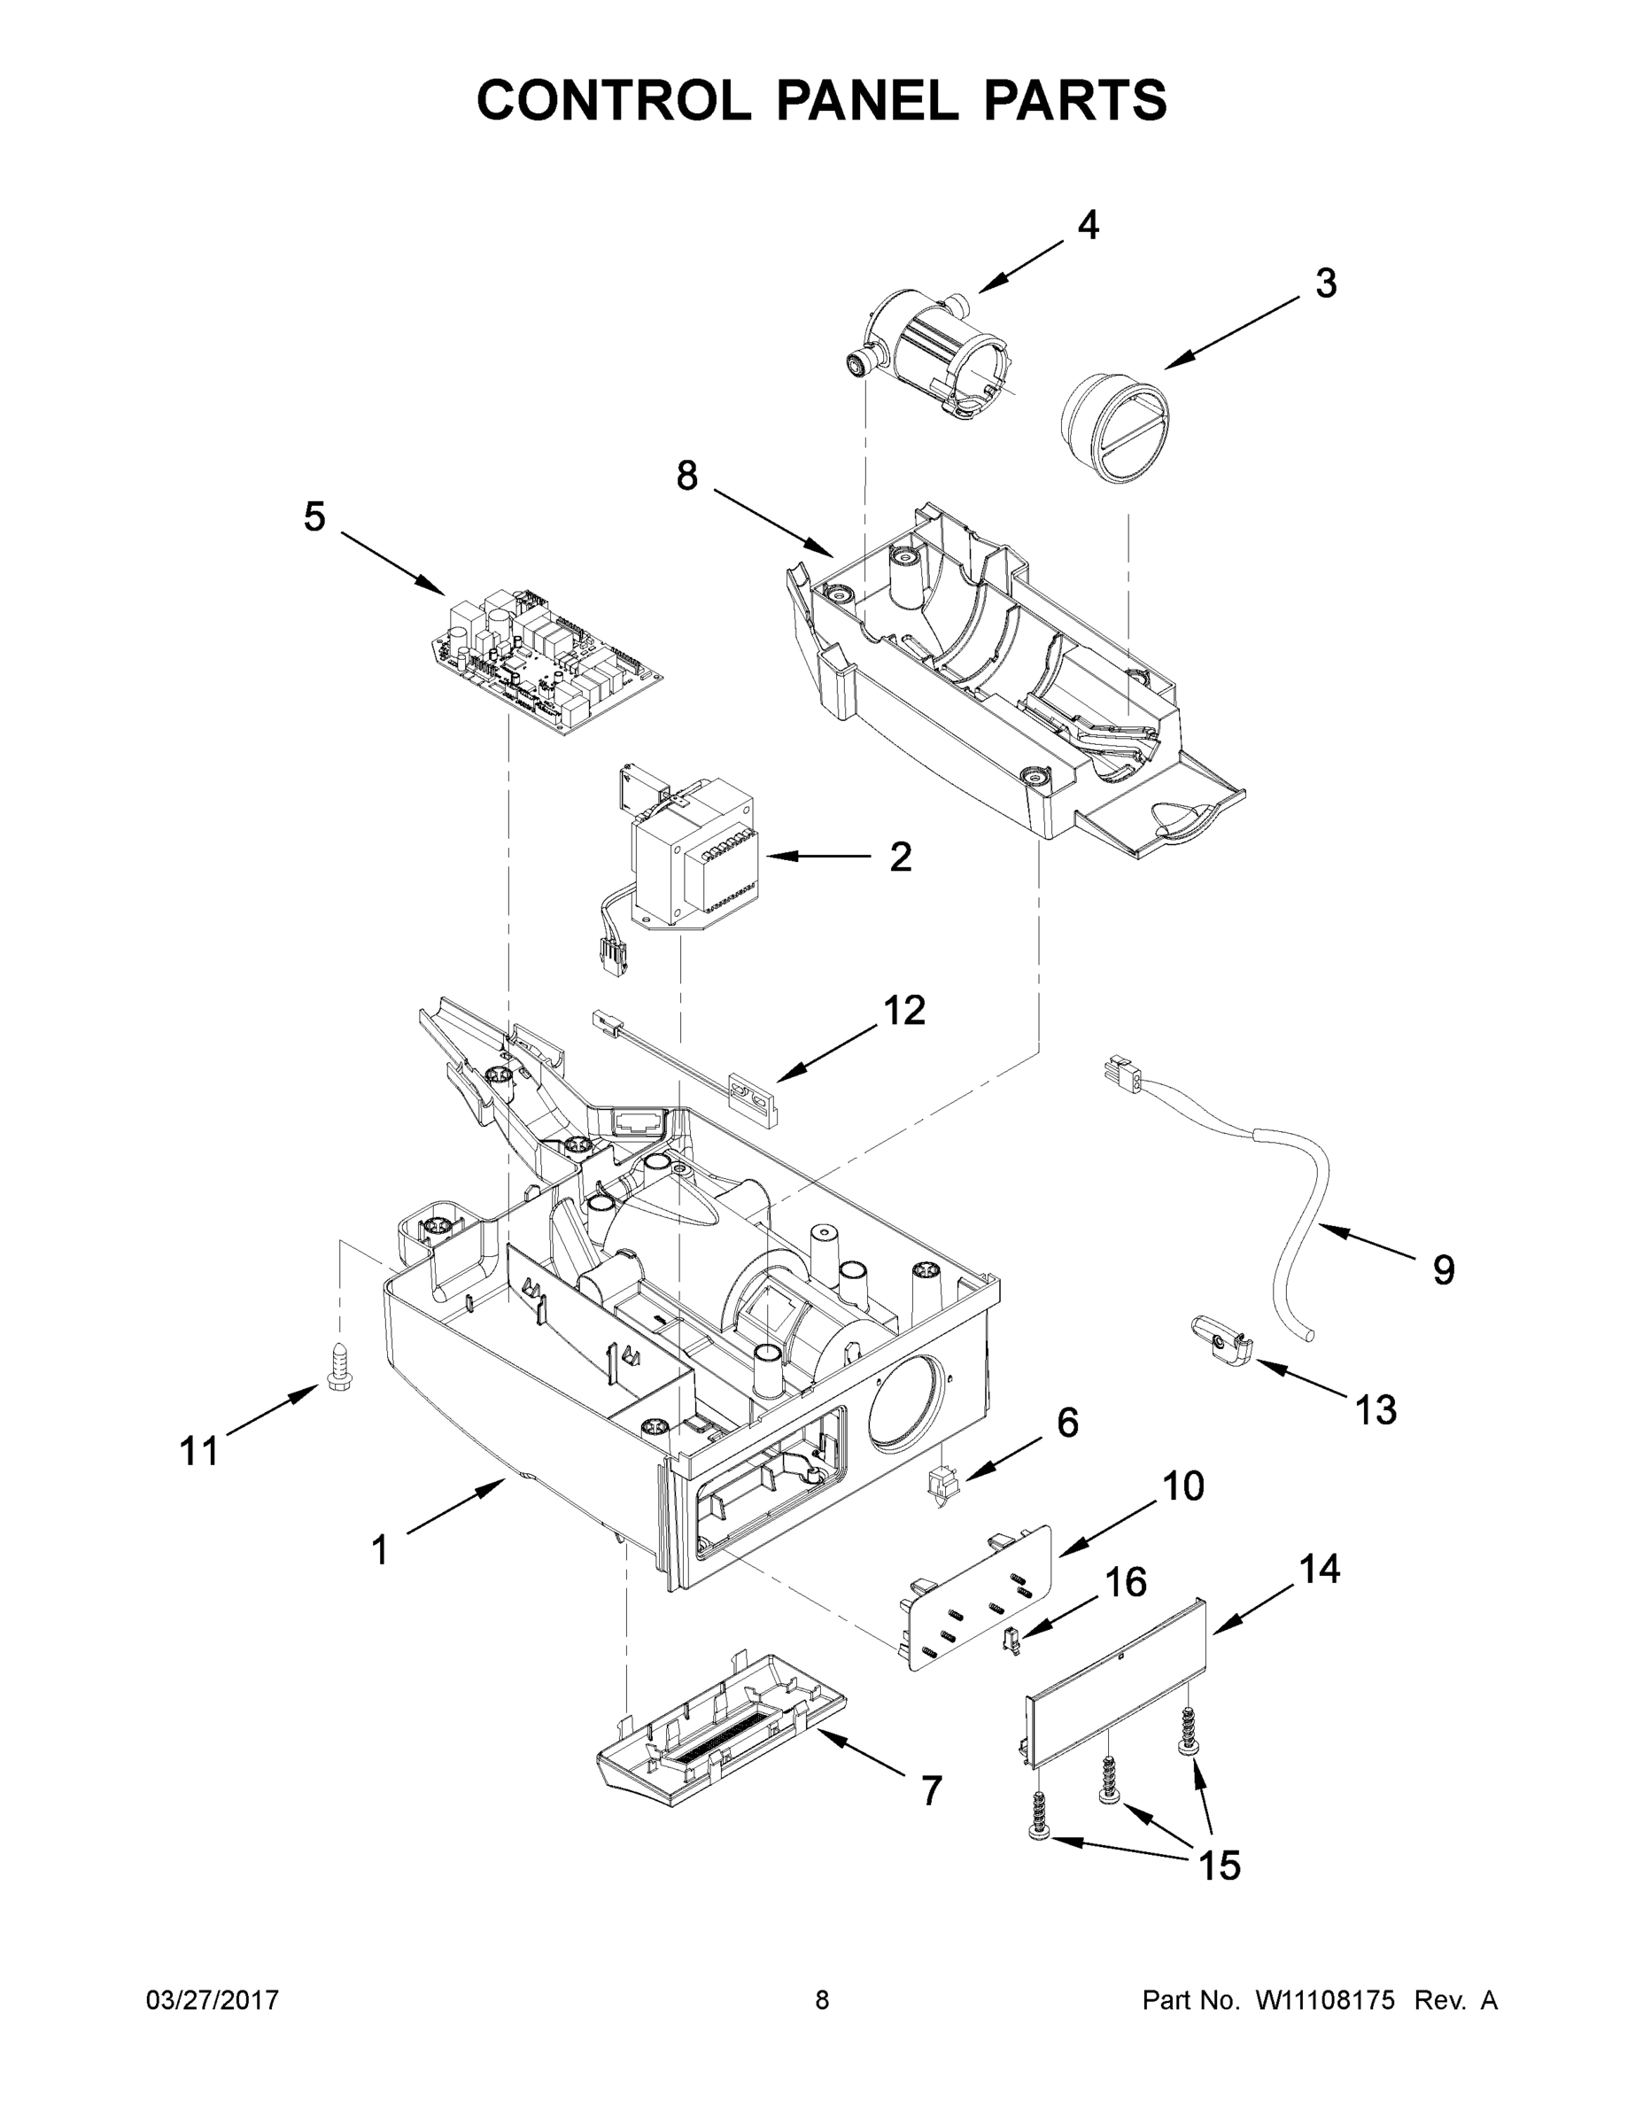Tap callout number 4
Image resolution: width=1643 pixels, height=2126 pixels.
(1089, 226)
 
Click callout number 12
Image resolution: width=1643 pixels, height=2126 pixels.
(903, 1011)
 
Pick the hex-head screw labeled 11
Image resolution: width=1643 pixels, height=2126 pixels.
(338, 1368)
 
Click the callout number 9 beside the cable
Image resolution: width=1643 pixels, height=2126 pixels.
(1444, 1270)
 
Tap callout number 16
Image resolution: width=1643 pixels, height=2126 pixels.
(1125, 1583)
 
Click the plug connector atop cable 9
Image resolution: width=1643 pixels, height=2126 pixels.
(1122, 1075)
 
